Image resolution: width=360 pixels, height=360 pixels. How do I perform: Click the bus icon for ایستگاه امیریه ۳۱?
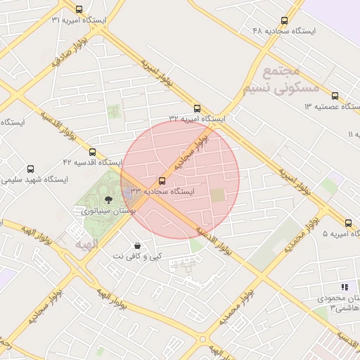point(78,10)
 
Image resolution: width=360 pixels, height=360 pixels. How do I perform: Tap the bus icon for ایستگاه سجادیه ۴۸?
point(284,21)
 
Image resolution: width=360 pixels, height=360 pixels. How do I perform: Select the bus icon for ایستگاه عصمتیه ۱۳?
point(335,96)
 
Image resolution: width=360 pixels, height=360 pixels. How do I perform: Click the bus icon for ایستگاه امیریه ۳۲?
point(197,108)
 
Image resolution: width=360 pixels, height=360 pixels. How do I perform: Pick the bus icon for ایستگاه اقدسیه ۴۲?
point(92,152)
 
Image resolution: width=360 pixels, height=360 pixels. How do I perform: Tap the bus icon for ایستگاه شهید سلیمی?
point(30,169)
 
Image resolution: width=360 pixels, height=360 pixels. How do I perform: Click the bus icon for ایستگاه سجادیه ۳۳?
point(162,181)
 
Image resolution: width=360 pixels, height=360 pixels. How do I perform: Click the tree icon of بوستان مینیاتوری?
point(107,200)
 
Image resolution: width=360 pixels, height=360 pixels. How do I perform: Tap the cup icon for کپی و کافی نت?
point(136,245)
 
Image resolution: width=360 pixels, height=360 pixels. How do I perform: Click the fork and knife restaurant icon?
point(345,287)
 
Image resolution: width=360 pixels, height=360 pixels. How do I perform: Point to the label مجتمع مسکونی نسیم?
point(281,80)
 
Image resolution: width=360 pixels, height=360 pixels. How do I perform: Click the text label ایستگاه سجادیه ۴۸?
point(284,32)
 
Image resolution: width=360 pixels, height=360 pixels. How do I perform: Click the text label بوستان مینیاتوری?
point(108,210)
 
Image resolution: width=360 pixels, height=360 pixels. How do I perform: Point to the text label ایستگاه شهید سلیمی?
point(34,180)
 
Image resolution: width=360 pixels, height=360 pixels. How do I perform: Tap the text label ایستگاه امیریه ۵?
point(340,233)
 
